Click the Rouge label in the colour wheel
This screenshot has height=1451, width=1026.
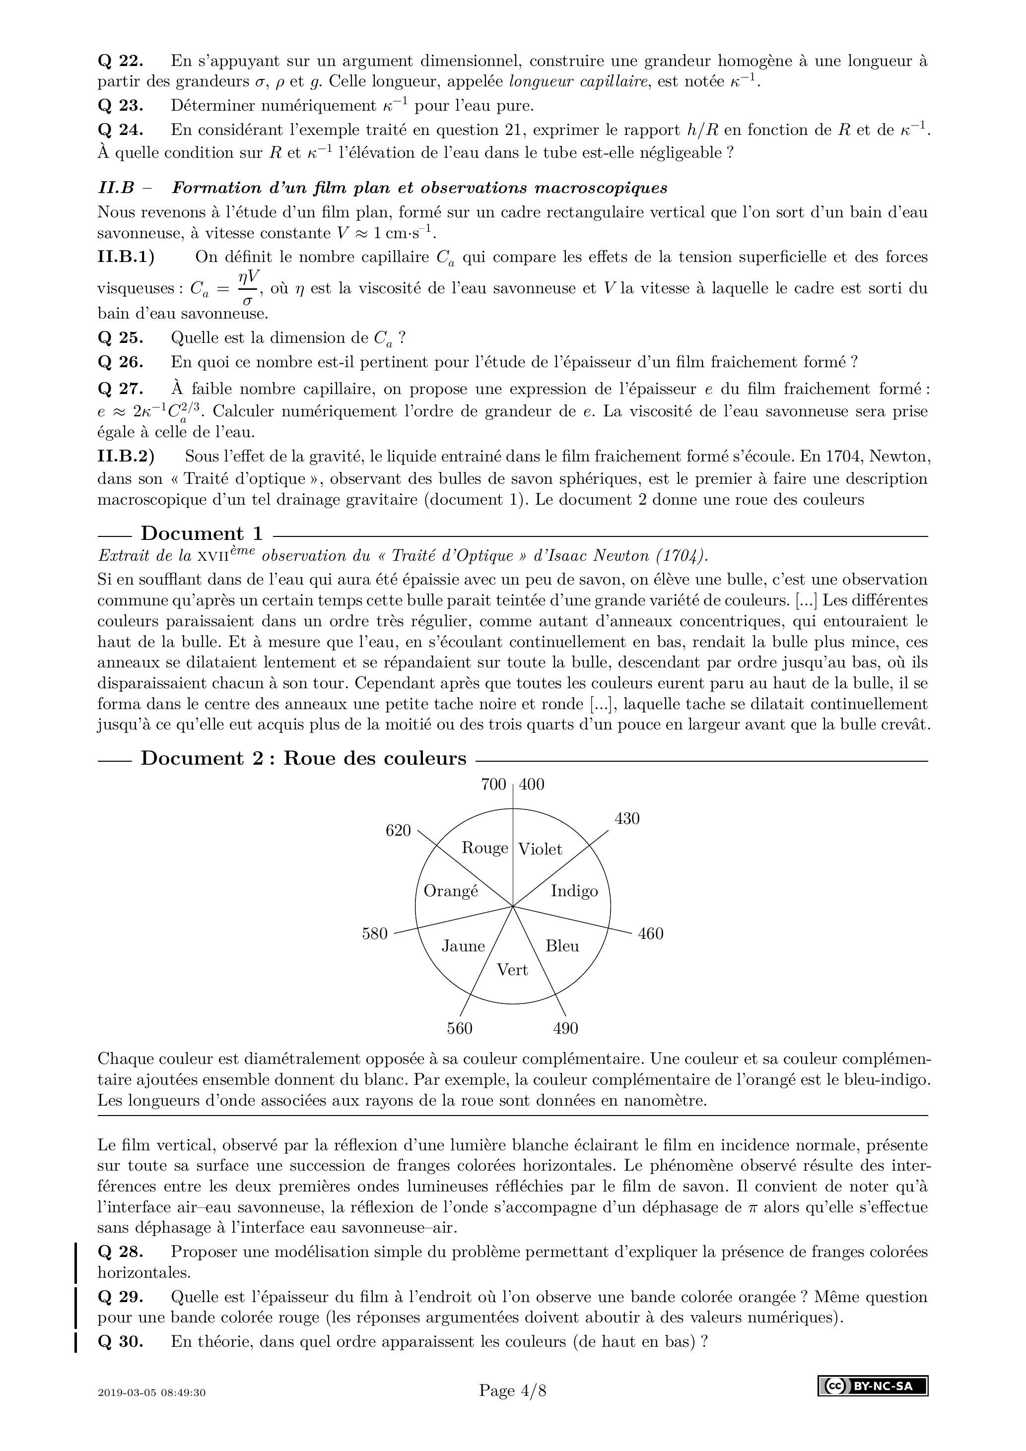[484, 848]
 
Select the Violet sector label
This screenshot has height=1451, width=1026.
[540, 850]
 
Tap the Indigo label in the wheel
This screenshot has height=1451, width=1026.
[574, 891]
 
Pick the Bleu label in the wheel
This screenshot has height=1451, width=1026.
[562, 946]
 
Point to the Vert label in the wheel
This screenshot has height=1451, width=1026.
[512, 970]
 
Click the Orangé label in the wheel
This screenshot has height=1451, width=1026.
[451, 891]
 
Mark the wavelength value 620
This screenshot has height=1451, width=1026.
[398, 830]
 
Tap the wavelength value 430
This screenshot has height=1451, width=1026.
[627, 819]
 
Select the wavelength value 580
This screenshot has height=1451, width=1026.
[375, 933]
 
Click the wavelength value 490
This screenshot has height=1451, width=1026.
[565, 1029]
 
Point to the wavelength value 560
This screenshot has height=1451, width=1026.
[460, 1029]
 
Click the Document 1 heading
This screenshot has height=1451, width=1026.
[201, 533]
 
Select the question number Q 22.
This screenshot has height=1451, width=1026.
[120, 62]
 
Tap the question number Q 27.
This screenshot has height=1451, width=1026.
[120, 389]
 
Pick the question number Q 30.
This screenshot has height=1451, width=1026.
[120, 1359]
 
